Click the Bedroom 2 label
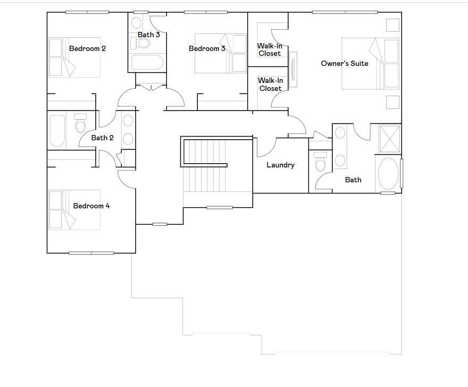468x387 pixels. [87, 48]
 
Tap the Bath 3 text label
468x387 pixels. [149, 35]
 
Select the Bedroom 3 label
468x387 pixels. [207, 48]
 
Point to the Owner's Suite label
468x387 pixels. [345, 63]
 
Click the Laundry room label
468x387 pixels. [280, 165]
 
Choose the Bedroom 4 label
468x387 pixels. [91, 206]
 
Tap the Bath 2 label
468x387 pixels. [102, 138]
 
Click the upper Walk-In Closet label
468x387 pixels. [270, 49]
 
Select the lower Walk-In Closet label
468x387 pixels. [270, 84]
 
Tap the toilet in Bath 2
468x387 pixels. [80, 124]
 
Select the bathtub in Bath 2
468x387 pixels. [57, 131]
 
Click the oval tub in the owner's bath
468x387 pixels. [388, 173]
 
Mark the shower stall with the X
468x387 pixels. [389, 138]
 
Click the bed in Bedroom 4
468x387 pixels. [74, 210]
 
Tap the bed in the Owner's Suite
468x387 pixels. [370, 63]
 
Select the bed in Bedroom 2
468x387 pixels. [74, 57]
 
